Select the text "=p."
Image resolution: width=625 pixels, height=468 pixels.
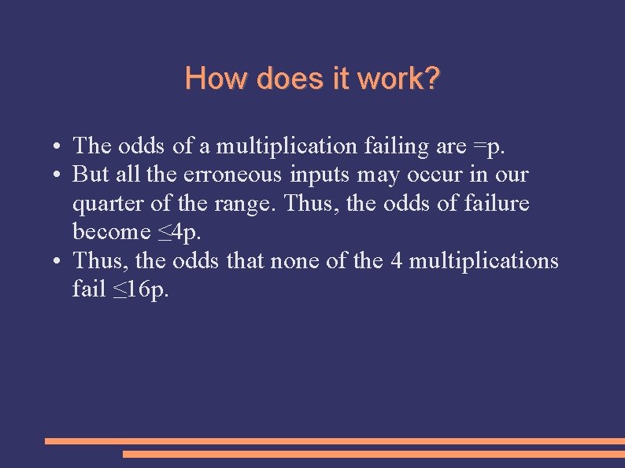click(x=491, y=146)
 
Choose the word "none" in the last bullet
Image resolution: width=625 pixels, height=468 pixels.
click(x=294, y=260)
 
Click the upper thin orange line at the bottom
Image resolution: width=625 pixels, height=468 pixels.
click(x=335, y=441)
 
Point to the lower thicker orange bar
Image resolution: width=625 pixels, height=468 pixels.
click(x=374, y=454)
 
